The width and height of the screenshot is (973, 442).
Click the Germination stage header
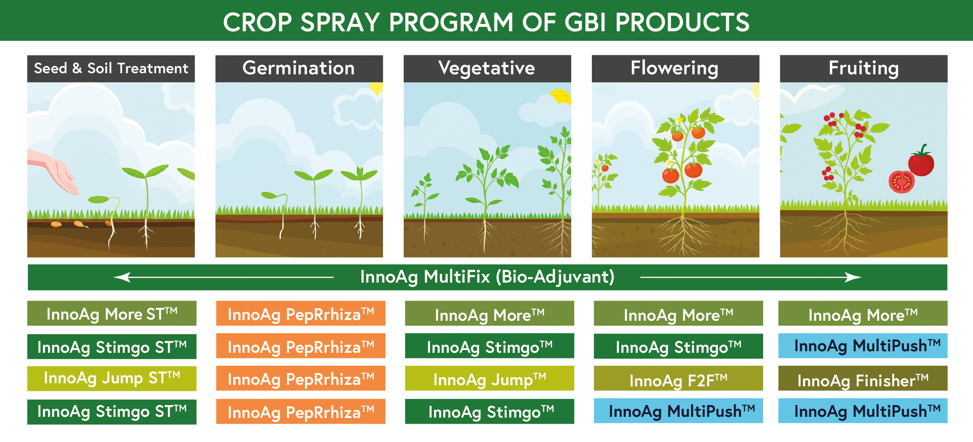pyautogui.click(x=299, y=69)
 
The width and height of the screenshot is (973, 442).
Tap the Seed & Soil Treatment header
pyautogui.click(x=111, y=69)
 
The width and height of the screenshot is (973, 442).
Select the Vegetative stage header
pyautogui.click(x=487, y=69)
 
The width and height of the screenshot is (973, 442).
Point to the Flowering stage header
pyautogui.click(x=675, y=69)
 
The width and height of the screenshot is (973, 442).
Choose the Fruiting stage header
pyautogui.click(x=863, y=69)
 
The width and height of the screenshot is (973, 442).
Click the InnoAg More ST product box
pyautogui.click(x=112, y=313)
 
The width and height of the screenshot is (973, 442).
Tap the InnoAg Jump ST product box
pyautogui.click(x=112, y=378)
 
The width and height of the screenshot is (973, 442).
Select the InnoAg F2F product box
pyautogui.click(x=678, y=378)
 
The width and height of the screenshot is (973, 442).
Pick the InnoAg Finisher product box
pyautogui.click(x=863, y=378)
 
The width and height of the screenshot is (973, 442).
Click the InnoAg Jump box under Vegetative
pyautogui.click(x=490, y=378)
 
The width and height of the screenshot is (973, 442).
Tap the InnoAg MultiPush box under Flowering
pyautogui.click(x=678, y=411)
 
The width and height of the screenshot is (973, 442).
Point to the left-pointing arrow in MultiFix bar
pyautogui.click(x=224, y=277)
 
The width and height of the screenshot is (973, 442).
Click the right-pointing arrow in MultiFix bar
pyautogui.click(x=751, y=277)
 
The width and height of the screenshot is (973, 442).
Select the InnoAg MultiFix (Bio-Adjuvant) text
pyautogui.click(x=487, y=277)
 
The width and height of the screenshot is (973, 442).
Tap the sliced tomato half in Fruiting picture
pyautogui.click(x=902, y=182)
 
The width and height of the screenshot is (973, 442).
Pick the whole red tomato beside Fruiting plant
pyautogui.click(x=921, y=162)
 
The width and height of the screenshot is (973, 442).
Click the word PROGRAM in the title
pyautogui.click(x=451, y=22)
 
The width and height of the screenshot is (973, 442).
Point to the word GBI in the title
pyautogui.click(x=585, y=22)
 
